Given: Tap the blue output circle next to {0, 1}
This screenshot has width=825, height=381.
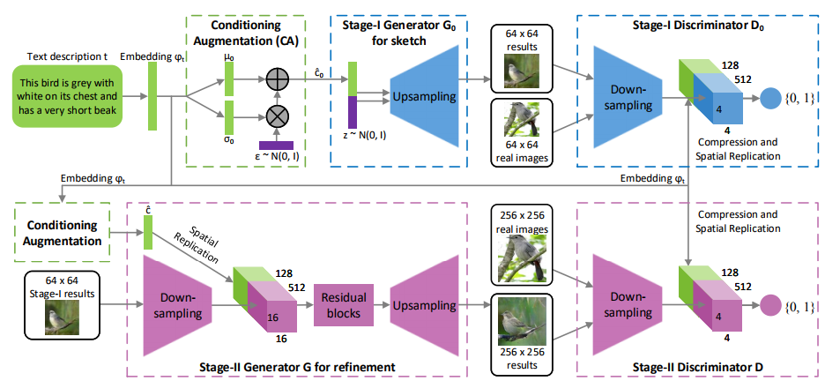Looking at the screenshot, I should click(x=770, y=98).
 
